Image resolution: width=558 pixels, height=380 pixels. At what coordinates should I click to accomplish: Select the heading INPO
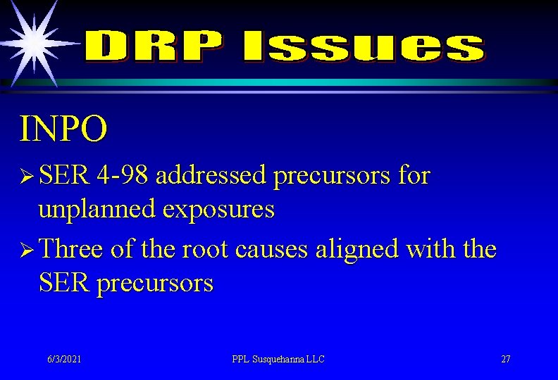64,128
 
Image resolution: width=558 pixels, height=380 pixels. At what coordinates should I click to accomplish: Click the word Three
70,249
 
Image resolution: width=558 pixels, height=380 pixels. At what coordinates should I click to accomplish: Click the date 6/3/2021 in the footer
64,359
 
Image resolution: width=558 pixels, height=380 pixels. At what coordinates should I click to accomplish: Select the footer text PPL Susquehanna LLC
278,359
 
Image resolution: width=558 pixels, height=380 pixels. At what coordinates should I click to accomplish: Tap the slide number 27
506,359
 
